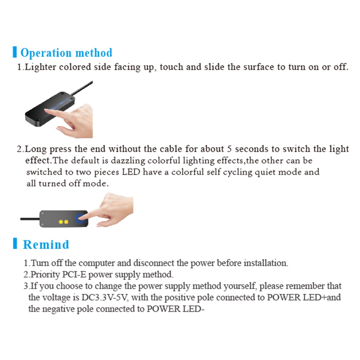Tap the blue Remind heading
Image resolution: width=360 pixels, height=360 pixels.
tap(46, 245)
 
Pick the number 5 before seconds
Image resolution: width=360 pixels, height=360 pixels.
tap(229, 149)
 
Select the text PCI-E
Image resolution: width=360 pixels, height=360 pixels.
tap(74, 274)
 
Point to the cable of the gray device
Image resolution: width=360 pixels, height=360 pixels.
tap(29, 219)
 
